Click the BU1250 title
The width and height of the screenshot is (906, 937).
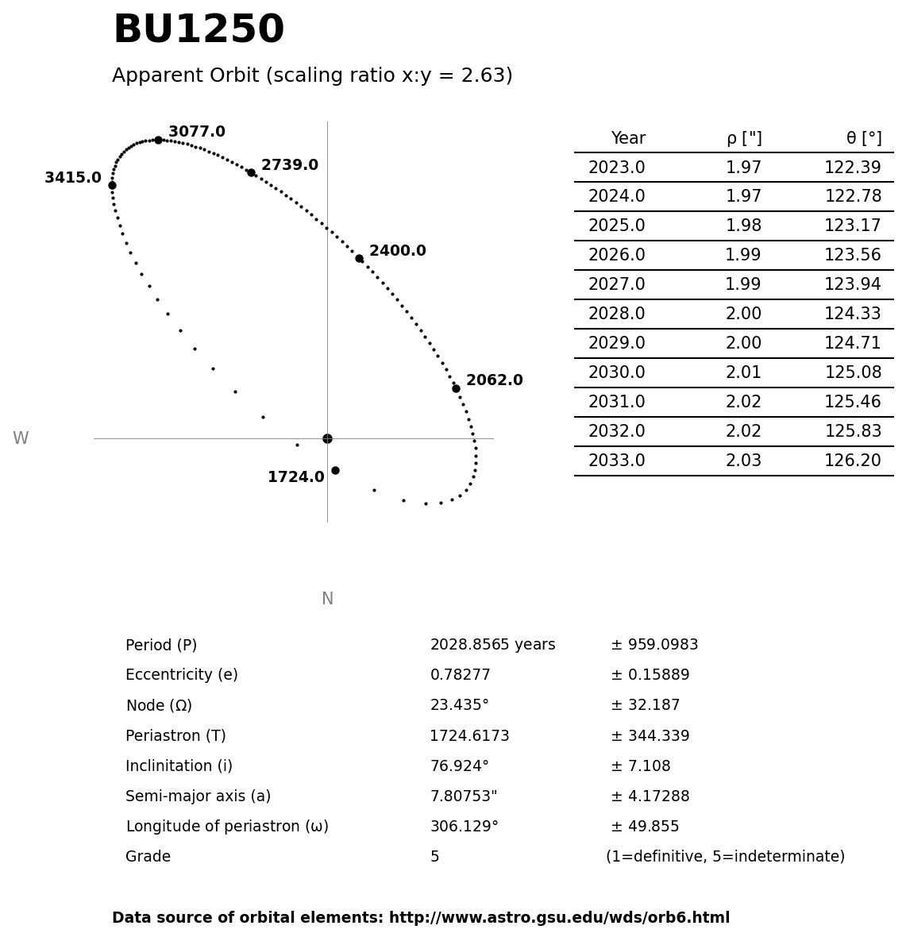[x=199, y=30]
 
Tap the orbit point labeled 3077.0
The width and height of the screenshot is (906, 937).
[x=158, y=140]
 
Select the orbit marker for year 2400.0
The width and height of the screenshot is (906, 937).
[x=359, y=258]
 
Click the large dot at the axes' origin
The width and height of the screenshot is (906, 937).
[x=327, y=438]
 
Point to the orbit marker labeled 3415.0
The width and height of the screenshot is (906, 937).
[x=112, y=185]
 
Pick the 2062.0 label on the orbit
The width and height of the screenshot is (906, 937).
[x=494, y=380]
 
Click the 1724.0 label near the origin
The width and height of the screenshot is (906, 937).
[x=295, y=477]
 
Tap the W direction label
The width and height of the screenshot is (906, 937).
[x=21, y=439]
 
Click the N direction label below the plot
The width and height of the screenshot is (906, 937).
[x=327, y=600]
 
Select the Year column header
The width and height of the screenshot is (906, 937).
[x=628, y=139]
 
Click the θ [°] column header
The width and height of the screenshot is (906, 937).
[x=863, y=139]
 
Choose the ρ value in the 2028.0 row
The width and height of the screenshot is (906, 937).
[x=743, y=314]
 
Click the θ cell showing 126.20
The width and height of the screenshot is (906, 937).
[x=852, y=461]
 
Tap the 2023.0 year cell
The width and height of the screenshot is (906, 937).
[x=616, y=168]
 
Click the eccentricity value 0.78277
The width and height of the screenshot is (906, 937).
[x=460, y=676]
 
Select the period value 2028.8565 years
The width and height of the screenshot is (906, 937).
[x=492, y=646]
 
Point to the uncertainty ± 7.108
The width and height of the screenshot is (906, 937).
[x=640, y=766]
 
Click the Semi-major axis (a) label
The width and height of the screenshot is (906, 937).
[x=198, y=796]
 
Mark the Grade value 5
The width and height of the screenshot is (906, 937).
[x=434, y=858]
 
